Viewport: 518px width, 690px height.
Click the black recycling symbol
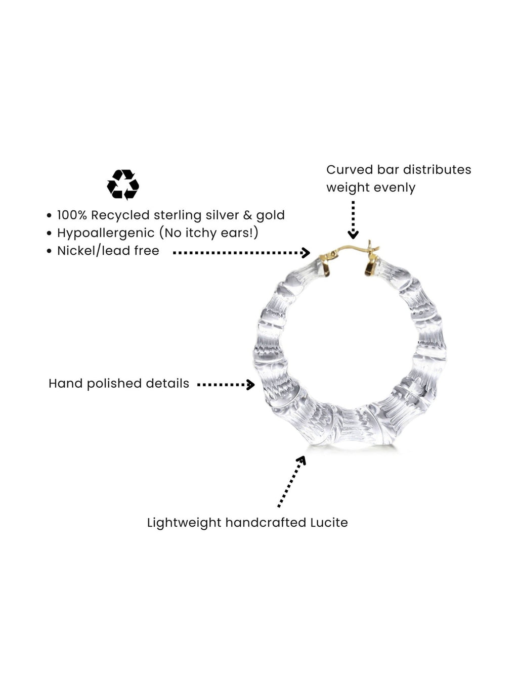pyautogui.click(x=122, y=185)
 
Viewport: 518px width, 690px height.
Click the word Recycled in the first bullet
pyautogui.click(x=120, y=215)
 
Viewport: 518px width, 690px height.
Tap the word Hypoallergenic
pyautogui.click(x=106, y=233)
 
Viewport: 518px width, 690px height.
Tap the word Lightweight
pyautogui.click(x=184, y=523)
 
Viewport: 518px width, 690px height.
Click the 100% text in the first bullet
pyautogui.click(x=72, y=215)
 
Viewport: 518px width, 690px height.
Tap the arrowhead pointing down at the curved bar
pyautogui.click(x=353, y=234)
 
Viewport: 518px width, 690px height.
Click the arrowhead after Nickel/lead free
pyautogui.click(x=306, y=252)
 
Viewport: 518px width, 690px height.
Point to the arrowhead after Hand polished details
pyautogui.click(x=251, y=385)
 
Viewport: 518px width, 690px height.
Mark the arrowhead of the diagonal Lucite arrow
pyautogui.click(x=302, y=461)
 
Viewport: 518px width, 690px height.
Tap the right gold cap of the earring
pyautogui.click(x=371, y=266)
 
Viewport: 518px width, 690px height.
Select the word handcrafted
pyautogui.click(x=266, y=523)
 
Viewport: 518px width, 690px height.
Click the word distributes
pyautogui.click(x=437, y=170)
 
